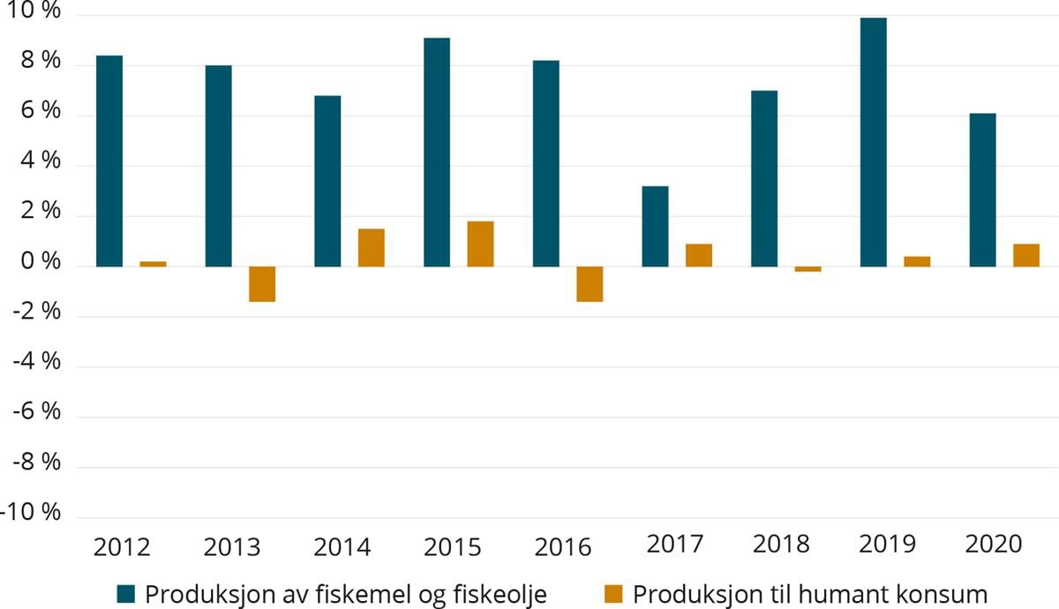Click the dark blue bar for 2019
(x=873, y=142)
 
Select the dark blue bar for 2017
(x=655, y=226)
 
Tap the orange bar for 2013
(x=262, y=283)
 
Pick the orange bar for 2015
(x=480, y=244)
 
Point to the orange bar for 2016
(x=590, y=283)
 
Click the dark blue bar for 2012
(x=109, y=161)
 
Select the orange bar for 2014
(x=371, y=247)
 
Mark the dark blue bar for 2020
(x=982, y=190)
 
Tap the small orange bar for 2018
(x=807, y=269)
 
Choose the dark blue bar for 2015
(x=436, y=152)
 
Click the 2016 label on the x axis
(x=562, y=547)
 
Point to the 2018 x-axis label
(x=780, y=544)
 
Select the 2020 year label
(x=993, y=544)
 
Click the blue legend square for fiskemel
(x=126, y=593)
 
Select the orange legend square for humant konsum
(x=613, y=593)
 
